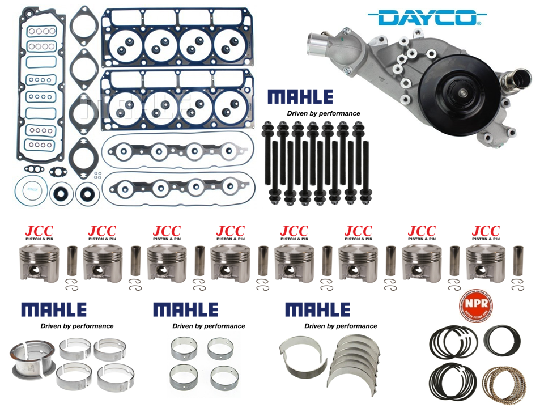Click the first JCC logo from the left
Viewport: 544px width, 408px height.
(38, 231)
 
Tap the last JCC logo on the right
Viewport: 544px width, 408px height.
(486, 231)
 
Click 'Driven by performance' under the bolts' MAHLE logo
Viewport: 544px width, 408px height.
(323, 113)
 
